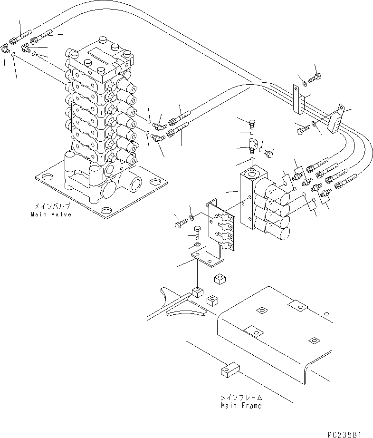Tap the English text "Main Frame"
(x=241, y=406)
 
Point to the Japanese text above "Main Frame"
(x=241, y=398)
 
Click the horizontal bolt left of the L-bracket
(x=181, y=221)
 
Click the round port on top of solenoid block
(x=252, y=170)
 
